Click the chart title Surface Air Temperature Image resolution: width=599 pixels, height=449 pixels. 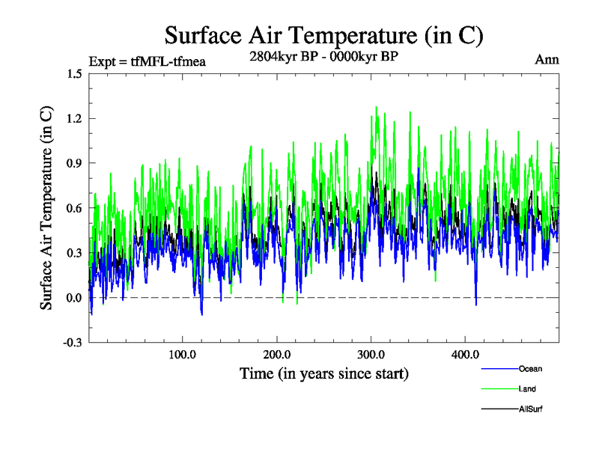(323, 35)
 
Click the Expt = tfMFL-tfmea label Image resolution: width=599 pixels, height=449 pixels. (147, 61)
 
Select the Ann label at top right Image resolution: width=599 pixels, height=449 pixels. (547, 59)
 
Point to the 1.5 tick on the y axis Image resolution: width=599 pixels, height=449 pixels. (74, 73)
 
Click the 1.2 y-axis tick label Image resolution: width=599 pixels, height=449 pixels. (74, 118)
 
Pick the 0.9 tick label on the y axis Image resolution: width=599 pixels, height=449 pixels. (74, 163)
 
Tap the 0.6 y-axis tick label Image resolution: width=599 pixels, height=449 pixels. (74, 208)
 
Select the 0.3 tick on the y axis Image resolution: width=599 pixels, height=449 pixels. (74, 253)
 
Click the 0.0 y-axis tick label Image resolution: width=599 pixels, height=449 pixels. (74, 298)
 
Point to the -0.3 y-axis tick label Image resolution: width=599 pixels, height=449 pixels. (73, 343)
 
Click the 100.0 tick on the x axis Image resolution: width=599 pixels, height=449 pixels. (182, 354)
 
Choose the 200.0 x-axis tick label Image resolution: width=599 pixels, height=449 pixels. (276, 354)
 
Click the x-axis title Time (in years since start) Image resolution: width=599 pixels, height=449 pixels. (323, 373)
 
